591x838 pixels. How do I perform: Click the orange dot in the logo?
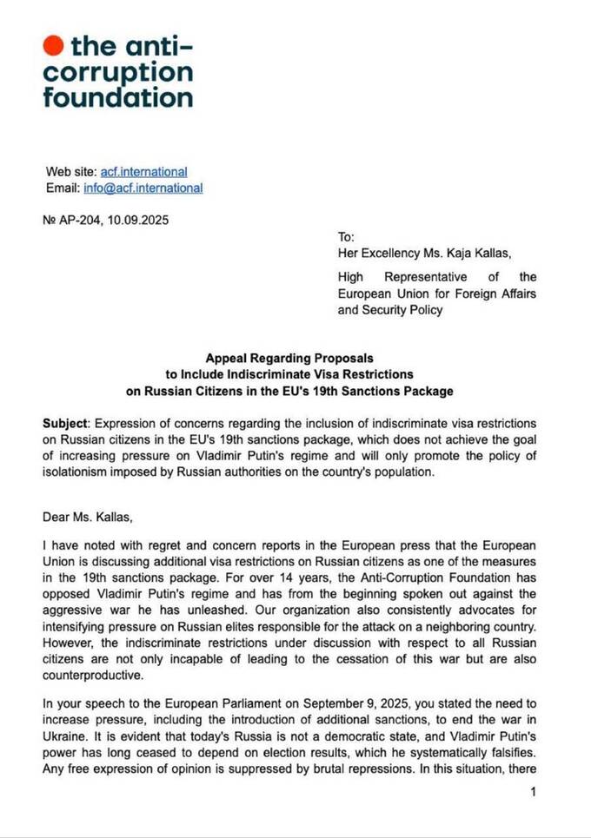tap(54, 44)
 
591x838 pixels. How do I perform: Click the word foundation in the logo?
tap(117, 96)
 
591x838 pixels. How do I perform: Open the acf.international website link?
tap(143, 172)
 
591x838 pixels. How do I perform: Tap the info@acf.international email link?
tap(143, 188)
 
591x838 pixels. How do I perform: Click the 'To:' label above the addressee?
tap(347, 236)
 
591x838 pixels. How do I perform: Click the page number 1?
tap(533, 791)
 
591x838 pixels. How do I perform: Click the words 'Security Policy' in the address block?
tap(390, 310)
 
